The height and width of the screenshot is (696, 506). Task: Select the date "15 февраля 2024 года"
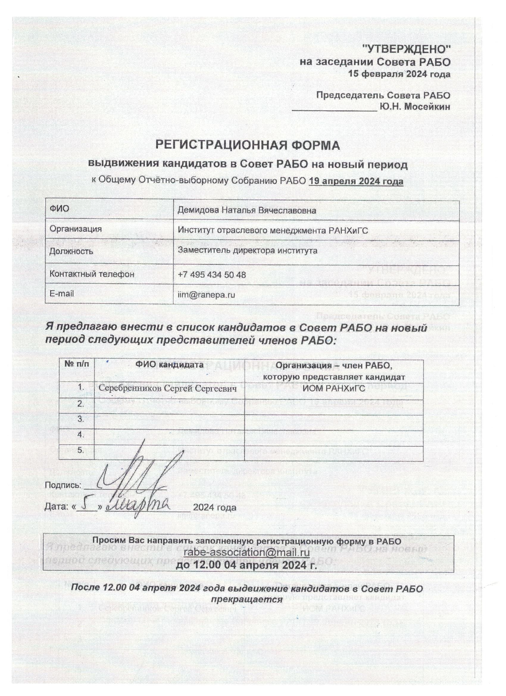coord(399,74)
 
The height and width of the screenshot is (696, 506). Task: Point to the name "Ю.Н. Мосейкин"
coord(415,107)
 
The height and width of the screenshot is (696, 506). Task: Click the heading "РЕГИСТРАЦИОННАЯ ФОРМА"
coord(248,145)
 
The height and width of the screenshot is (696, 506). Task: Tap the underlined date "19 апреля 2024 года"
coord(356,181)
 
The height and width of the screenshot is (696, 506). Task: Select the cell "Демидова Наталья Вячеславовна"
coord(247,210)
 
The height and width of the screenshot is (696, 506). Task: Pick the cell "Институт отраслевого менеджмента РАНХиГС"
coord(273,230)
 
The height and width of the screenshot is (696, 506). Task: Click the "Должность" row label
coord(71,252)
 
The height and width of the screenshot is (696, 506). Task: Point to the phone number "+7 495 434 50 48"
coord(212,275)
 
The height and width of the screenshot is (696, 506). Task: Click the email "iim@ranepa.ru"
coord(207,295)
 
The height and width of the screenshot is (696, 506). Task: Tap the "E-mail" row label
coord(62,294)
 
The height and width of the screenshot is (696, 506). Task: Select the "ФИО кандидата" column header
coord(169,365)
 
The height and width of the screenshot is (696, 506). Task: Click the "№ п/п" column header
coord(78,365)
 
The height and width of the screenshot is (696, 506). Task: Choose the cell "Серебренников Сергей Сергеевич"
coord(168,389)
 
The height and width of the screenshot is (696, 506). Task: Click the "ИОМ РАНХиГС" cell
coord(334,389)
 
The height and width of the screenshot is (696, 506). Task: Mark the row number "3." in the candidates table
coord(81,419)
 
